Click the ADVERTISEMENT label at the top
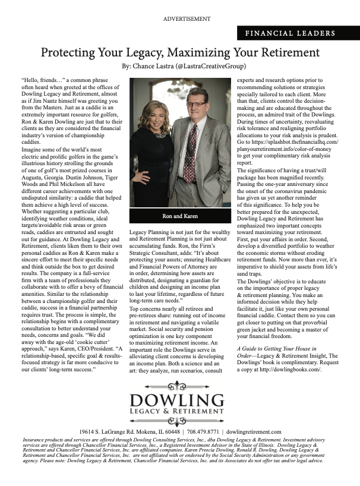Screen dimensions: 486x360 pyautogui.click(x=187, y=19)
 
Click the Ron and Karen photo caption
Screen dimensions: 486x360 pyautogui.click(x=179, y=216)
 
